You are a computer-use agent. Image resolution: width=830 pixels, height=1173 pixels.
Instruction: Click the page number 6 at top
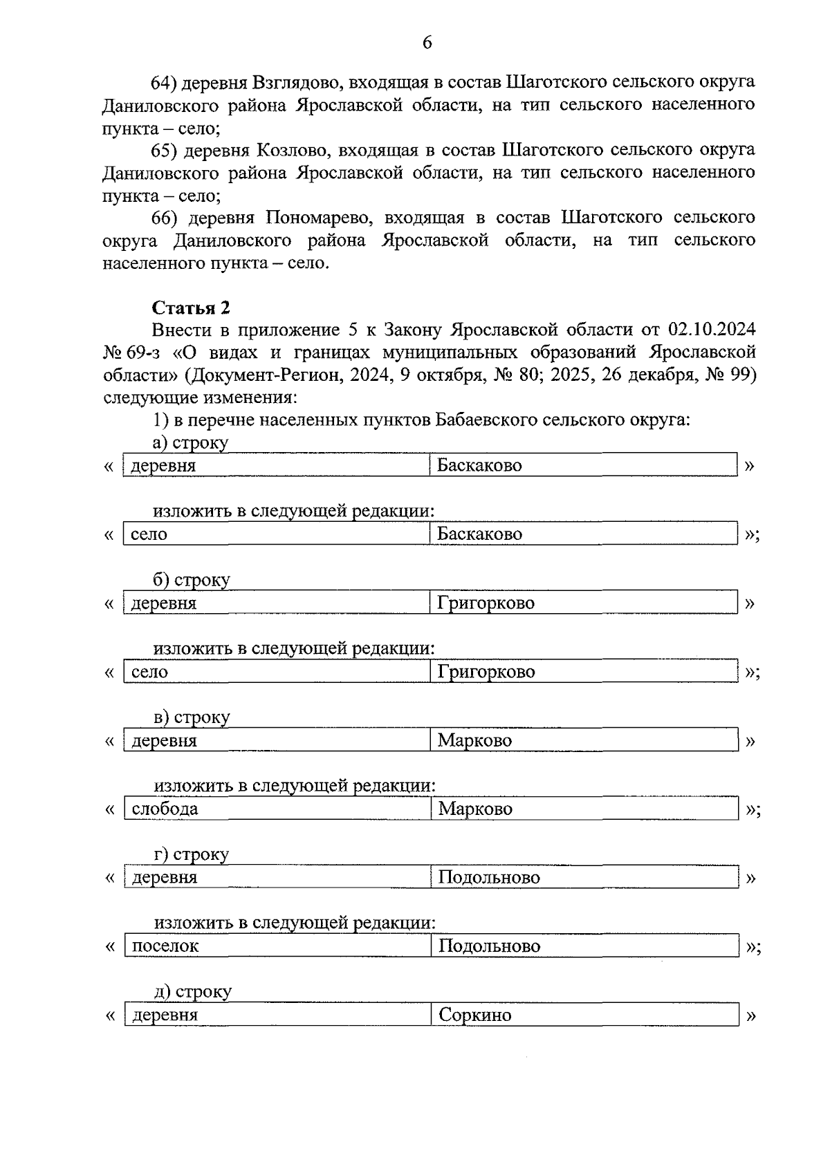(x=426, y=43)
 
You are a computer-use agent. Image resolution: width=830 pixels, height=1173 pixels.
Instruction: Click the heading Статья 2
(x=191, y=308)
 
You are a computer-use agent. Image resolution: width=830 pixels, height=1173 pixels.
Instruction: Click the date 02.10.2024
(x=712, y=329)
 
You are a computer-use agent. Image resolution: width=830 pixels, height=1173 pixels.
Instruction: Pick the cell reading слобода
(x=165, y=809)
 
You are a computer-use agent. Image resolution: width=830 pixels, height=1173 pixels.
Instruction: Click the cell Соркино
(x=475, y=1015)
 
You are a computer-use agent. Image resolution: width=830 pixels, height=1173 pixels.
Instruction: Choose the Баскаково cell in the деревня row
(x=479, y=465)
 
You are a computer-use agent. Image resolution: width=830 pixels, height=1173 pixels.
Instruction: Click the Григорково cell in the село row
(x=486, y=672)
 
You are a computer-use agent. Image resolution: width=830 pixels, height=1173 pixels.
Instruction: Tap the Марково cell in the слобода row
(x=475, y=809)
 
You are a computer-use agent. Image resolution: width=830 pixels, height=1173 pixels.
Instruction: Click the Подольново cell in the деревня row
(x=489, y=878)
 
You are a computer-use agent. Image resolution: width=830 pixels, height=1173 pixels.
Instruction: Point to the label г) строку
(x=191, y=854)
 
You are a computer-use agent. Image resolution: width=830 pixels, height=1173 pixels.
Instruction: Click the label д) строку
(x=193, y=992)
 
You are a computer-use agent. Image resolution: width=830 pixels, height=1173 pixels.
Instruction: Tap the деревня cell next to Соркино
(x=165, y=1015)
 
